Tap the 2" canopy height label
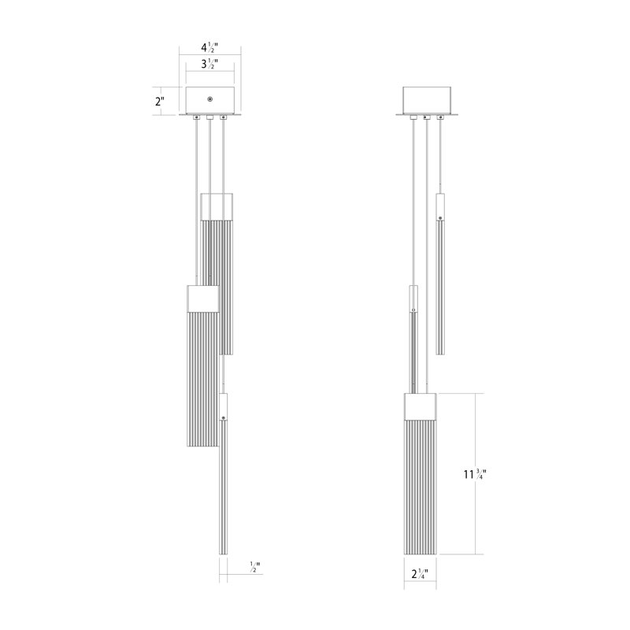point(160,102)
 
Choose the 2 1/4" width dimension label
point(421,573)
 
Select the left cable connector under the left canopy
point(195,118)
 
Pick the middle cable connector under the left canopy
point(209,118)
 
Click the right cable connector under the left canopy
point(224,118)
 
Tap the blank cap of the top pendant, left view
point(218,206)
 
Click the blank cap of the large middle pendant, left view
point(202,300)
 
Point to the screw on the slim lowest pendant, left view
point(224,415)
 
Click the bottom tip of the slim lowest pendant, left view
point(224,550)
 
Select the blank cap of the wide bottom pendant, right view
point(421,406)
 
